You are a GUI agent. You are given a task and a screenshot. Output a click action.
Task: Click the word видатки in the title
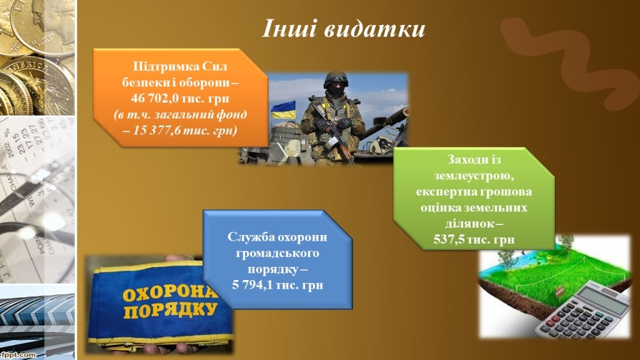(x=375, y=29)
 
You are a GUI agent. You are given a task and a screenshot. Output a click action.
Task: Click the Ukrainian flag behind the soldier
(x=283, y=109)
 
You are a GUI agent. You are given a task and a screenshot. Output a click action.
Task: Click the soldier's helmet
(x=336, y=79)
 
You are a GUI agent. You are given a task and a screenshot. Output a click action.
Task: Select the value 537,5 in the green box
(x=449, y=239)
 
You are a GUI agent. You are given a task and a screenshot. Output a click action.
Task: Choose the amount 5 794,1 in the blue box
(x=252, y=285)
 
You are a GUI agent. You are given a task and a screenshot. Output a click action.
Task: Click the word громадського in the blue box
(x=277, y=254)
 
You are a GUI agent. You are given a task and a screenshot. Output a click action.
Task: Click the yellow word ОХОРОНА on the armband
(x=168, y=293)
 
